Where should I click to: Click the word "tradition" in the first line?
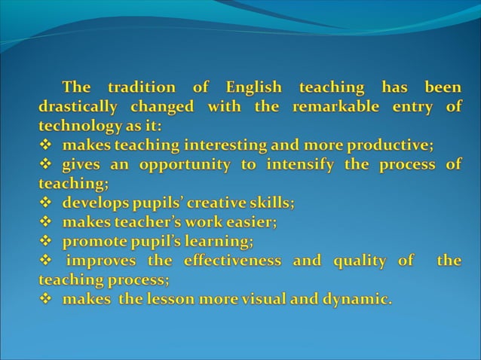(x=142, y=87)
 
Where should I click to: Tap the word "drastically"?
(x=78, y=107)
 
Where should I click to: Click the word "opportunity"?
(x=177, y=165)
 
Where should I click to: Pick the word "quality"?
(x=360, y=261)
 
